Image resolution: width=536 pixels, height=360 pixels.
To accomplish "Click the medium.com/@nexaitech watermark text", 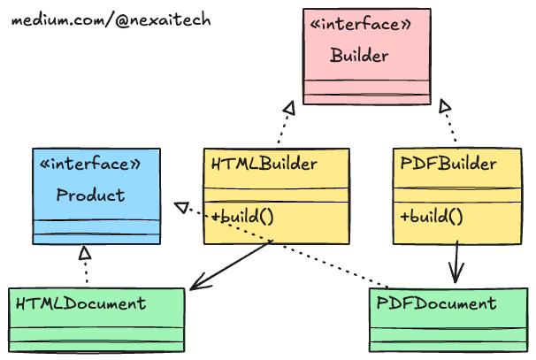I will (x=111, y=19).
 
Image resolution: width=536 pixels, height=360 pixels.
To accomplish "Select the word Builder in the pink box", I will (x=359, y=57).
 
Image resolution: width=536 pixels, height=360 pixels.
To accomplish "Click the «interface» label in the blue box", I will (x=90, y=165).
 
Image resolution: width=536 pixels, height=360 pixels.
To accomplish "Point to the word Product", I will (x=90, y=195).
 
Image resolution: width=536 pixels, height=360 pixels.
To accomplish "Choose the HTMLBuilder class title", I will (x=264, y=165).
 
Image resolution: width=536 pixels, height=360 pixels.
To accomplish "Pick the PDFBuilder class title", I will (x=448, y=165).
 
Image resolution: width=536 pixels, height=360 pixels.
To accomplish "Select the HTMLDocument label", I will (x=80, y=303).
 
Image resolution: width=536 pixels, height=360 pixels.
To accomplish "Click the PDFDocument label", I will (x=436, y=303).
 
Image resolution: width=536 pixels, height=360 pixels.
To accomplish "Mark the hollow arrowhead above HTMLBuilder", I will (x=287, y=108).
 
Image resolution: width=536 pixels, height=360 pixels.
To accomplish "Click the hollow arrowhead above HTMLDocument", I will (x=84, y=254).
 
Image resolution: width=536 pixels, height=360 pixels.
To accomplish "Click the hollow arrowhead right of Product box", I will (x=180, y=207).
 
